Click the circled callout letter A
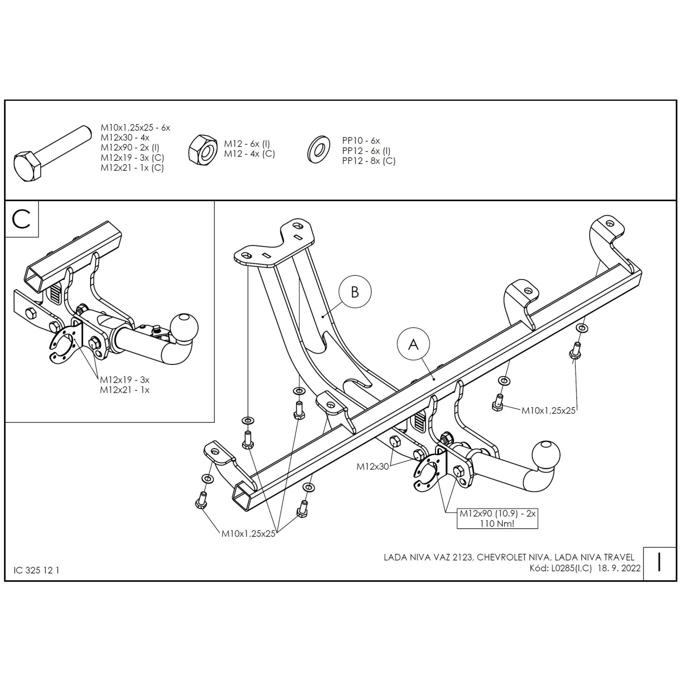coord(413,344)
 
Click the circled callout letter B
coord(355,292)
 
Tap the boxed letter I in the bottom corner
coord(660,563)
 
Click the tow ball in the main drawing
coord(546,455)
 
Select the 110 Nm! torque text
coord(497,524)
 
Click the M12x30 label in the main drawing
coord(373,466)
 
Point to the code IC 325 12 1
coord(37,570)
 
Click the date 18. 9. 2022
coord(619,568)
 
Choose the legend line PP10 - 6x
coord(360,141)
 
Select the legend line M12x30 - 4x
coord(125,137)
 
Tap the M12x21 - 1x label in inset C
coord(125,390)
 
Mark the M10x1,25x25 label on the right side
coord(549,410)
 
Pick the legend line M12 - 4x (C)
coord(249,154)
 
